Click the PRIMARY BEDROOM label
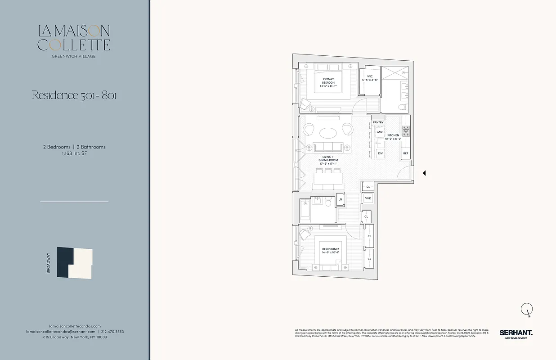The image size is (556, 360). point(328,83)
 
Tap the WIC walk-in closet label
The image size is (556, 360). point(370,77)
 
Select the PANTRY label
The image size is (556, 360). point(378,122)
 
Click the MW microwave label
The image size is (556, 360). point(380,132)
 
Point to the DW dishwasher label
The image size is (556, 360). point(380,153)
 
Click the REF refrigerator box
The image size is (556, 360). point(406,153)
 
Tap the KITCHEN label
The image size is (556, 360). point(393,135)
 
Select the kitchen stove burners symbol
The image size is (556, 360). point(406,131)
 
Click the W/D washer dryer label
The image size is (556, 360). point(368,198)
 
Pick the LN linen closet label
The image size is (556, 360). point(340,199)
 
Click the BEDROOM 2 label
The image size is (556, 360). point(330,250)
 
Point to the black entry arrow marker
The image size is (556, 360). point(424,173)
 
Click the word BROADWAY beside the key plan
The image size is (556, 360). point(48,263)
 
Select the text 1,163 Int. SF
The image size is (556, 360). point(74,153)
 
